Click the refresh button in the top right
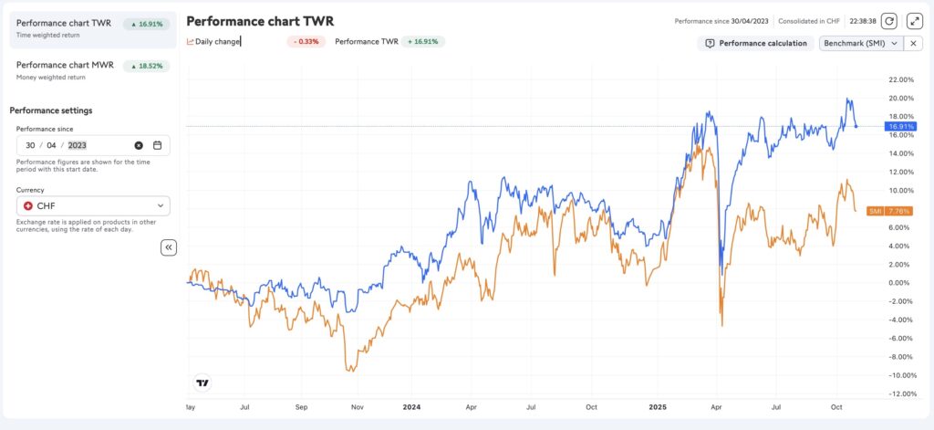coord(889,20)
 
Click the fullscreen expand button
coord(915,20)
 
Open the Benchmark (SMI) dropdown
coord(860,43)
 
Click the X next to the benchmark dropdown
coord(915,43)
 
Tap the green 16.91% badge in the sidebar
coord(147,24)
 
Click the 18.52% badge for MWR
coord(147,66)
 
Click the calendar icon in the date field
coord(157,145)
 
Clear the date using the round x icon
coord(139,145)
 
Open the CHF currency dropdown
coord(93,206)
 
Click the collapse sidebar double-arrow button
coord(169,247)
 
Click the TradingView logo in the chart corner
coord(202,383)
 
